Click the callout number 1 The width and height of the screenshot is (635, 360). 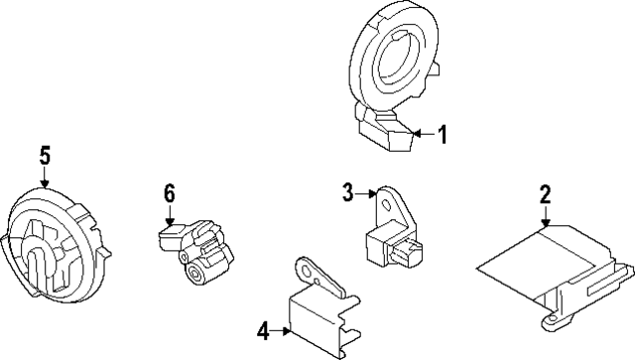coord(444,134)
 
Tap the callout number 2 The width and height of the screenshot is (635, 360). coord(545,194)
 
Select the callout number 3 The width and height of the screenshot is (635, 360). coord(347,191)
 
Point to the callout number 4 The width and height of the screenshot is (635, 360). coord(263,331)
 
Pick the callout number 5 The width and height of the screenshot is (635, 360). coord(45,155)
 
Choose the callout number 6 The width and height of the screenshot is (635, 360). coord(169,192)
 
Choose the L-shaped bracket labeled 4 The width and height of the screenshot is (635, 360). coord(317,312)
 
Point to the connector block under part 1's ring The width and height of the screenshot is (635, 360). coord(387,134)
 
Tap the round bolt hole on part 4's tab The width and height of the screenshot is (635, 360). coord(308,268)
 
